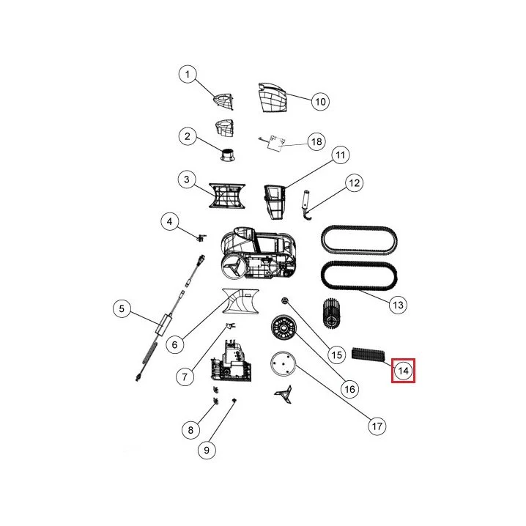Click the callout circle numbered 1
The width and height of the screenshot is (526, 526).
click(x=188, y=74)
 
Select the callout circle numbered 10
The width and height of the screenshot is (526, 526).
click(x=320, y=101)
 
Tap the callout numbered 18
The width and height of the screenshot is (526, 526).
click(x=316, y=141)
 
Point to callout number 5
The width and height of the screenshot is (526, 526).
click(x=122, y=308)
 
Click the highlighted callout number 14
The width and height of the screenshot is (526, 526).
click(x=403, y=371)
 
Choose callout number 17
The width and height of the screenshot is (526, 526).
click(x=377, y=426)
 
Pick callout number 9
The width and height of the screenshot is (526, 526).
click(x=207, y=450)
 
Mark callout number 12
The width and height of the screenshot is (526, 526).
click(x=355, y=183)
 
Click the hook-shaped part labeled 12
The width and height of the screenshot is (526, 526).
click(x=306, y=205)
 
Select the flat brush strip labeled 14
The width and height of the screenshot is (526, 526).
click(x=368, y=355)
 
